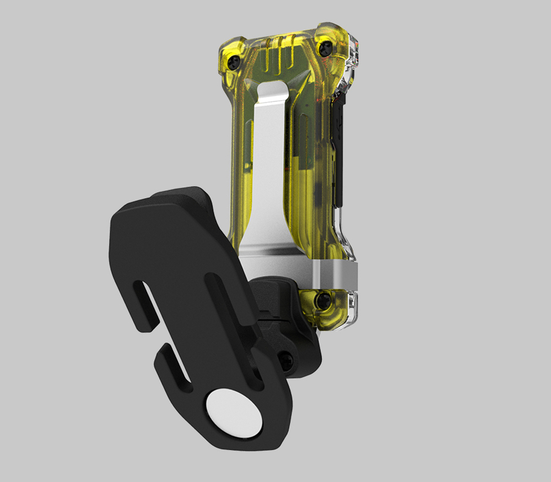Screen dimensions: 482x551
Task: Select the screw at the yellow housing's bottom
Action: (x=323, y=300)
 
